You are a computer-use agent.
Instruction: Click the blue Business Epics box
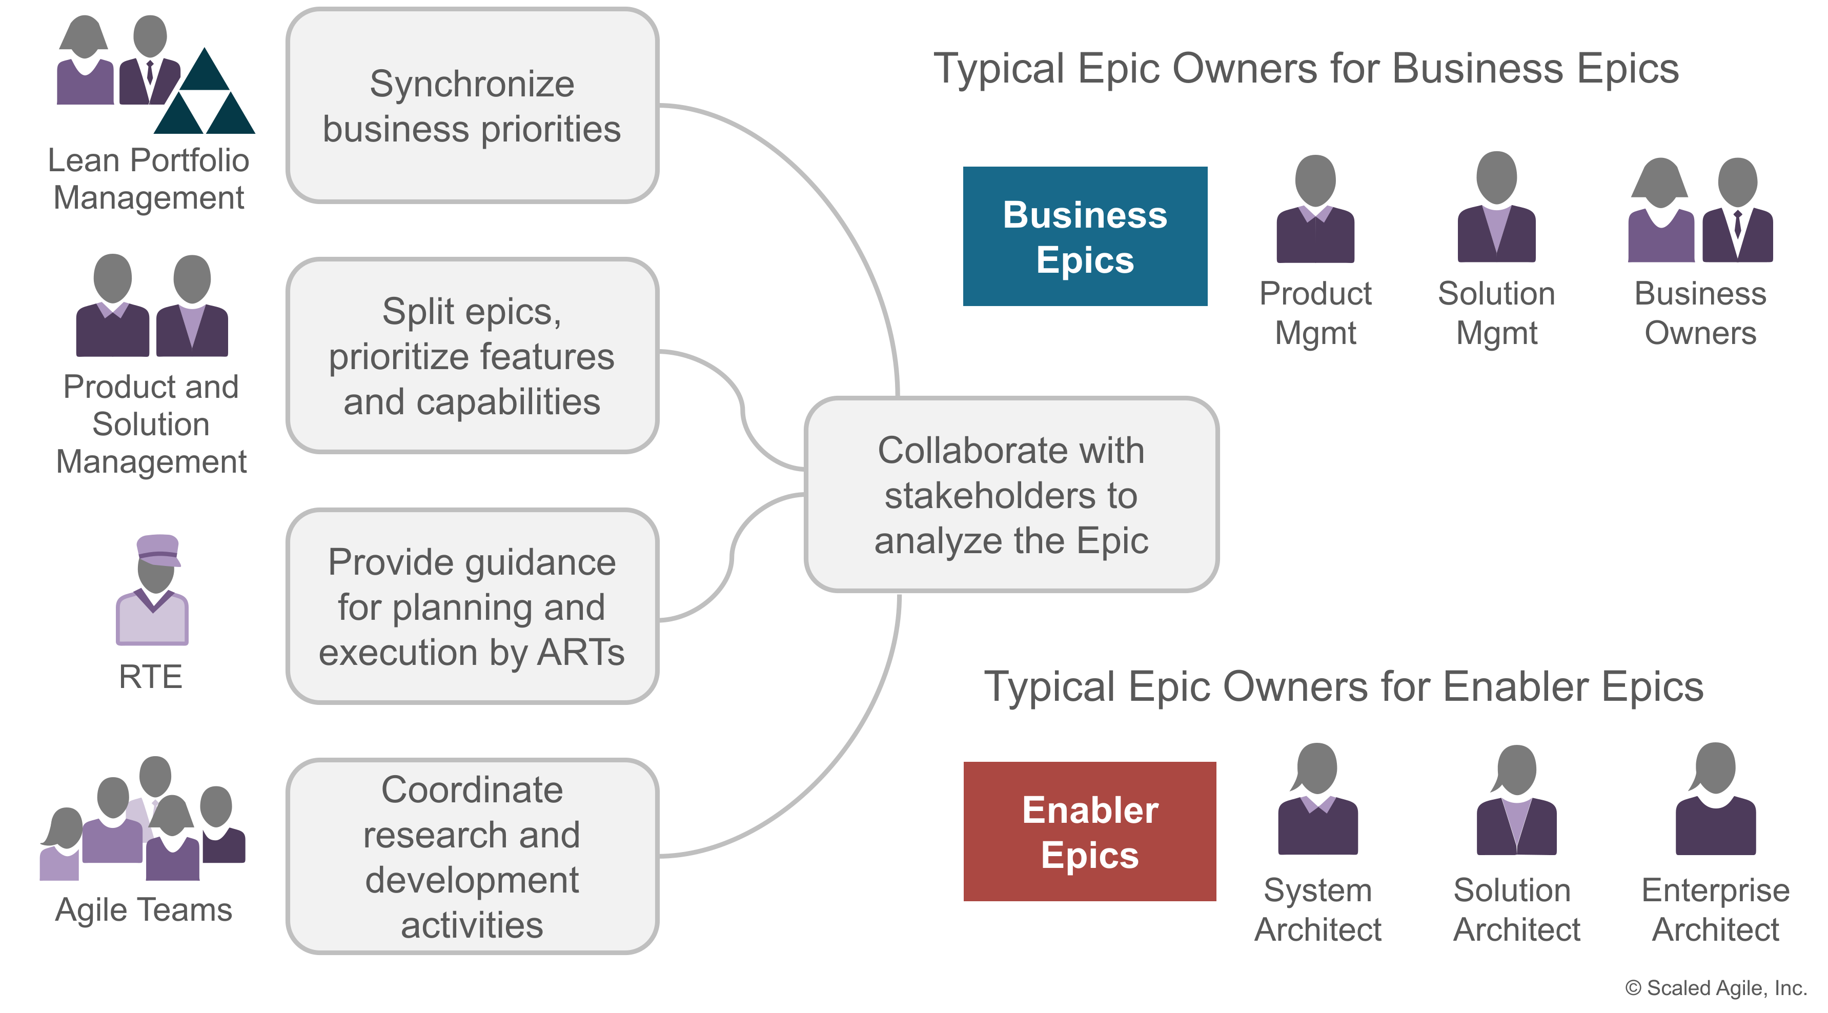(1084, 236)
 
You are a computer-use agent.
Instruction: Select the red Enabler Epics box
(1089, 832)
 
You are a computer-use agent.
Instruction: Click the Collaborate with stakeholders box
(1011, 495)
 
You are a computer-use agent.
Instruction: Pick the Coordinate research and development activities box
(472, 856)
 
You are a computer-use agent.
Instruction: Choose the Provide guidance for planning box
(472, 606)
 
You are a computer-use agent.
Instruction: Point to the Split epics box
(472, 356)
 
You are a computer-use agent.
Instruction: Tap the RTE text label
(150, 677)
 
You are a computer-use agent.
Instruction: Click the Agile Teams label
(144, 909)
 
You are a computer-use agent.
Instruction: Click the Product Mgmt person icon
(1315, 209)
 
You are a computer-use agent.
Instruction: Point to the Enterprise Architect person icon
(1715, 800)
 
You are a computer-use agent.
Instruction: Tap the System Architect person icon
(1317, 800)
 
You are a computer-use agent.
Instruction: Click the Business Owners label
(1700, 313)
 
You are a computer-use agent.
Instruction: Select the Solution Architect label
(1516, 909)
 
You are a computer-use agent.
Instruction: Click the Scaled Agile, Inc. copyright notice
(1715, 987)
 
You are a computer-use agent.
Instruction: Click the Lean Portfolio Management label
(149, 179)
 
